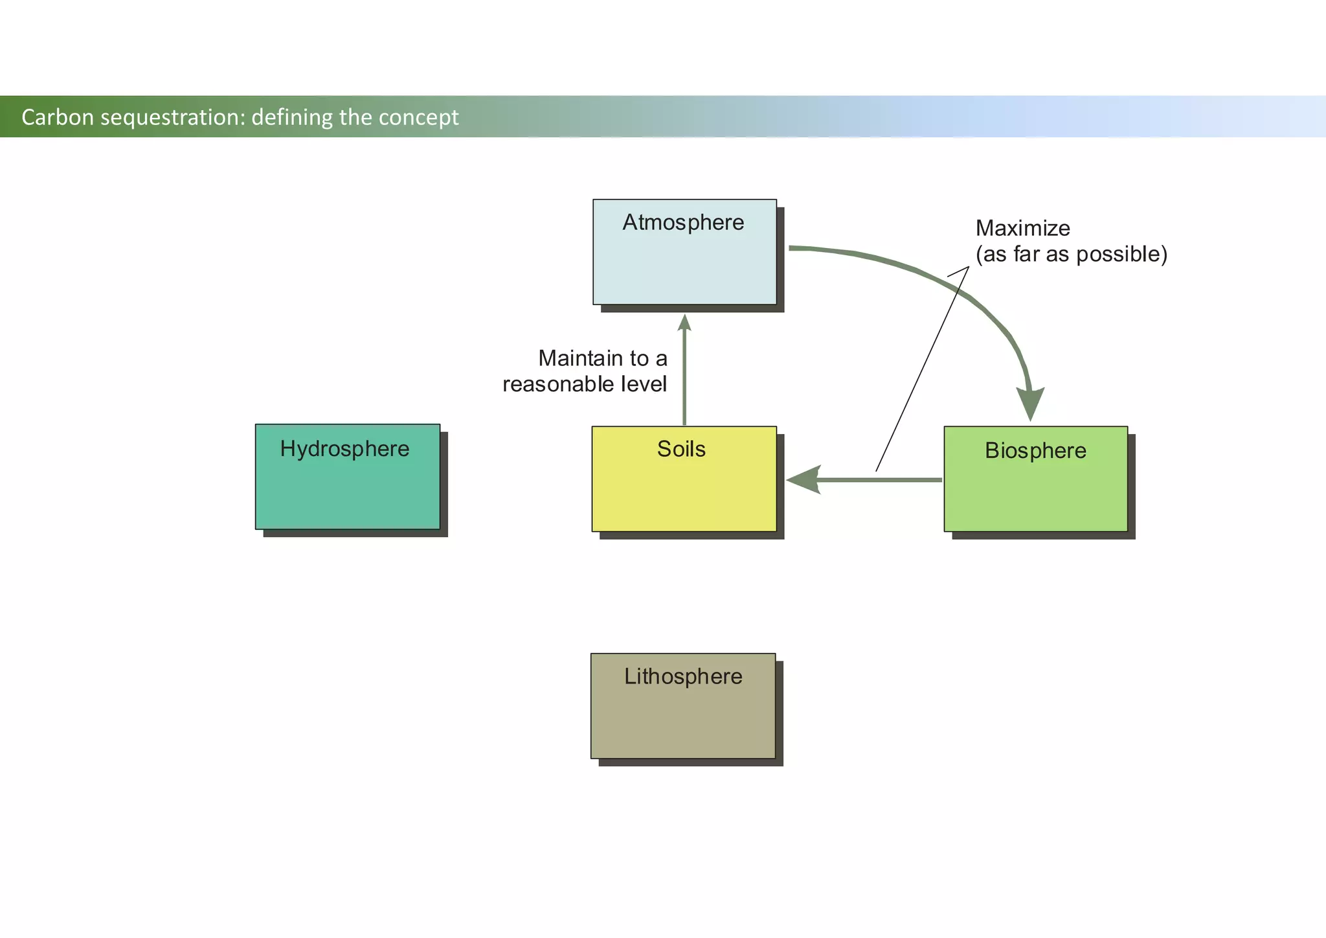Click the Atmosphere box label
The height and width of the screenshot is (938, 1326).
[683, 223]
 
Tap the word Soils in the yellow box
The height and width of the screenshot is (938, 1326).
[681, 449]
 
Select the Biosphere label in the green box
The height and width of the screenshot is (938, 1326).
[1035, 451]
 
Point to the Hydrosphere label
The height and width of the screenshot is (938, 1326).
[344, 449]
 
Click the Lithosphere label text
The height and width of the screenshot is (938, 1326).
[683, 676]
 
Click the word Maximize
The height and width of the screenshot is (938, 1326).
[1022, 228]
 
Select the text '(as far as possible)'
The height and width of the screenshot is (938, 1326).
[1072, 254]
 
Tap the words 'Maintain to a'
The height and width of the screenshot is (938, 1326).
[602, 358]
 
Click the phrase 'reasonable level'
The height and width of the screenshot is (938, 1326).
[584, 384]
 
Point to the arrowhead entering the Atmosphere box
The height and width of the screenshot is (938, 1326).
[684, 322]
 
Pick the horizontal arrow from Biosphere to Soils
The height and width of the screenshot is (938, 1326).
[881, 480]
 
